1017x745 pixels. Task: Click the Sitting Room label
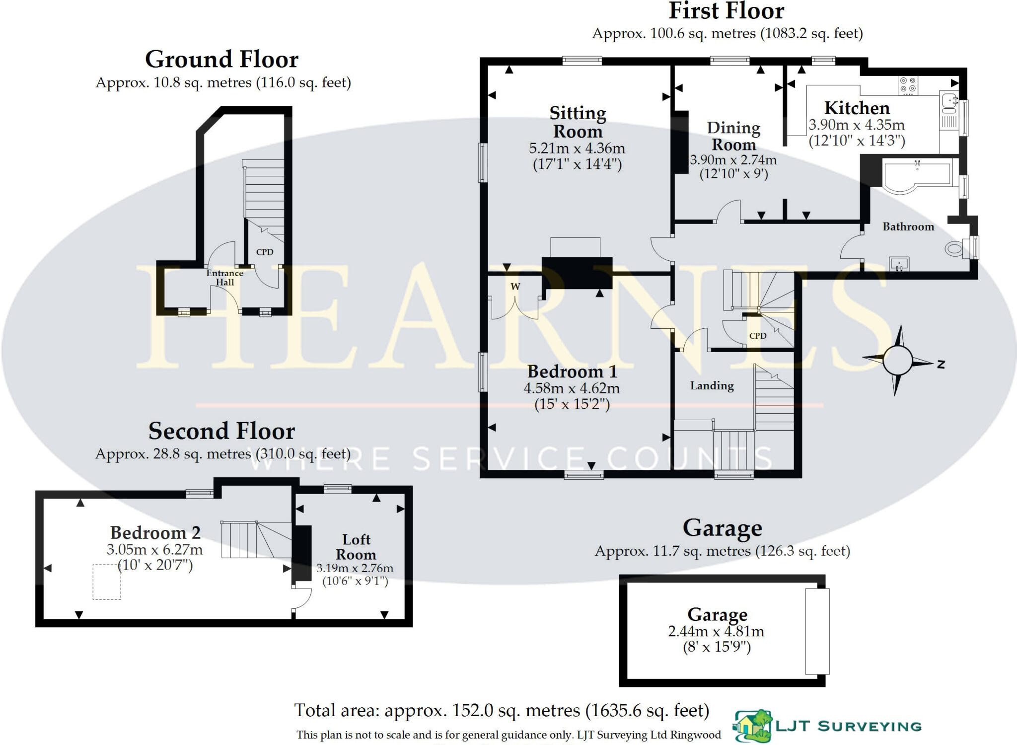578,122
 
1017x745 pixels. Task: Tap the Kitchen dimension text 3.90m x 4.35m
857,125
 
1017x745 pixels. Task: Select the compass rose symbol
898,361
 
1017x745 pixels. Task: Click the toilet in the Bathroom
954,248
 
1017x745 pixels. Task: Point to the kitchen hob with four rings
908,85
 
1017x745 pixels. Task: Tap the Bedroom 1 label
572,372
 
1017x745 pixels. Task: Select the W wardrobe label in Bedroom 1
515,287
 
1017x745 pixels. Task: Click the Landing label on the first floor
712,386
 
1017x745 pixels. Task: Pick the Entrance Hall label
225,278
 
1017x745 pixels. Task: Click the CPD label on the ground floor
265,252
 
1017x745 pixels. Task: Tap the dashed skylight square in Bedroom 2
107,582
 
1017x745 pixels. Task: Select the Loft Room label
356,547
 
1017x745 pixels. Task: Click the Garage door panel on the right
817,631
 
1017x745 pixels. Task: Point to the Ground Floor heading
221,60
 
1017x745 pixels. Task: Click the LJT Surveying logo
827,726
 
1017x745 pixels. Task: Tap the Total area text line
502,711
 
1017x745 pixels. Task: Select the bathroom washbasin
899,264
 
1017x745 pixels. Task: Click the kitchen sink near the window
949,101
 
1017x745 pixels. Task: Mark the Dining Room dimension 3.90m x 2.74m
733,160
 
